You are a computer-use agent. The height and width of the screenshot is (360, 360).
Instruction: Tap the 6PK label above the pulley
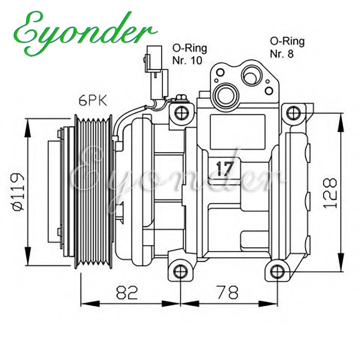point(93,101)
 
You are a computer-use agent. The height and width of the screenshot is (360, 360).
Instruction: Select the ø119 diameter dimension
point(18,192)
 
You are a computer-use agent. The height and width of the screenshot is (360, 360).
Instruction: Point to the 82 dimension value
point(127,292)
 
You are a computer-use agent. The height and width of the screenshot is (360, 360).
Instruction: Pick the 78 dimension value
point(228,292)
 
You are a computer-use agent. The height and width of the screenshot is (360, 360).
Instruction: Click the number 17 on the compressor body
point(225,169)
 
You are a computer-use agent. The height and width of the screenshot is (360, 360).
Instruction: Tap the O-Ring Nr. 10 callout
point(190,54)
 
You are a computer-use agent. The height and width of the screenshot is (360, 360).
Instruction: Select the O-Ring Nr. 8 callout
point(287,48)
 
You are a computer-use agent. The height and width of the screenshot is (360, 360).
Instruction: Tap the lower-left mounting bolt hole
point(181,271)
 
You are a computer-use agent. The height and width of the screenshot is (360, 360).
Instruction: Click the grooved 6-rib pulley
point(94,192)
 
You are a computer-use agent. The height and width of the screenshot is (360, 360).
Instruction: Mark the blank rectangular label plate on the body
point(238,132)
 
